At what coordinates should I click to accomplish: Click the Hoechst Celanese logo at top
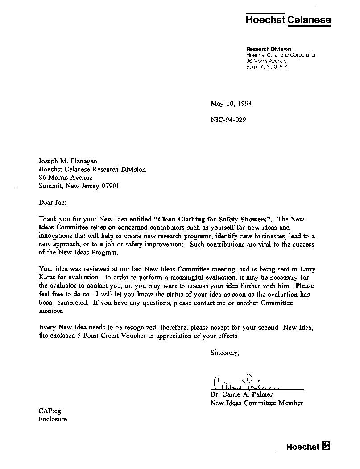pyautogui.click(x=289, y=20)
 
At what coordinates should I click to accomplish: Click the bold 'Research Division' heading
pyautogui.click(x=269, y=49)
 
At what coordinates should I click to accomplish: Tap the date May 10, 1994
pyautogui.click(x=231, y=104)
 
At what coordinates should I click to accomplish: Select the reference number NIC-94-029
pyautogui.click(x=228, y=120)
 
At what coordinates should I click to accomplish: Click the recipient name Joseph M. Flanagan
pyautogui.click(x=68, y=162)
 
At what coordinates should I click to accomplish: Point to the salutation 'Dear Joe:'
pyautogui.click(x=52, y=203)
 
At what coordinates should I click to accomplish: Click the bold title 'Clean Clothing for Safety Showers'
pyautogui.click(x=213, y=219)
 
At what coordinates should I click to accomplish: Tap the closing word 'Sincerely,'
pyautogui.click(x=225, y=353)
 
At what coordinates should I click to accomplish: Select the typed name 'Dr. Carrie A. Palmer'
pyautogui.click(x=241, y=394)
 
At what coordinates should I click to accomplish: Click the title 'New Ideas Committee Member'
pyautogui.click(x=257, y=403)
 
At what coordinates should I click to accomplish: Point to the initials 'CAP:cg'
pyautogui.click(x=50, y=411)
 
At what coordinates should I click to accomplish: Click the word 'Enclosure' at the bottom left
pyautogui.click(x=53, y=419)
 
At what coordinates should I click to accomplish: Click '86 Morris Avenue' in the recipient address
pyautogui.click(x=66, y=178)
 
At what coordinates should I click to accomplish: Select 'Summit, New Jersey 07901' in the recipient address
pyautogui.click(x=79, y=186)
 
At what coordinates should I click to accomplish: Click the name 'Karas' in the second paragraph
pyautogui.click(x=48, y=277)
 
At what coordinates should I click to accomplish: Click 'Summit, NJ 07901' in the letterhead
pyautogui.click(x=267, y=67)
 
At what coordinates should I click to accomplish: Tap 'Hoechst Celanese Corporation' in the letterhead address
pyautogui.click(x=281, y=55)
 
